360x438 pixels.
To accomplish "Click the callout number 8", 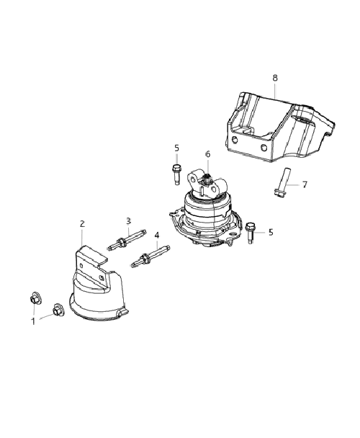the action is coord(275,79).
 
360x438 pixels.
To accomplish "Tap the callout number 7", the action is coord(305,184).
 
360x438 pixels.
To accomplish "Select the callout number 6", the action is coord(208,154).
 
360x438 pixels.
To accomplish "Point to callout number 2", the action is coord(82,224).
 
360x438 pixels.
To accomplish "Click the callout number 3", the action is coord(128,221).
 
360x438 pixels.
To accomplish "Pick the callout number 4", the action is coord(157,235).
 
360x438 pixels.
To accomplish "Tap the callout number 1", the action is coord(33,321).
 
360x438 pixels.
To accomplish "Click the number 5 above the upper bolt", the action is coord(176,148).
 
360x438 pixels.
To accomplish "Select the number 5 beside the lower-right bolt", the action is coord(271,232).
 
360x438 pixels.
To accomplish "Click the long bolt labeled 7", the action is coord(282,182).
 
